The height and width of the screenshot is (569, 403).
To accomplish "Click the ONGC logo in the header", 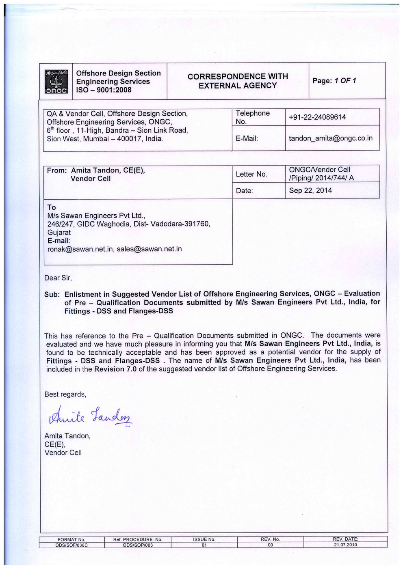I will point(56,82).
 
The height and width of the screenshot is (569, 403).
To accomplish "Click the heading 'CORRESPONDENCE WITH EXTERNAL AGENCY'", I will point(238,81).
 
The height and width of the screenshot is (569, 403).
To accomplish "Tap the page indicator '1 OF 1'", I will point(345,81).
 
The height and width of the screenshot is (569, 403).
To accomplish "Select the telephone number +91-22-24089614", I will point(317,117).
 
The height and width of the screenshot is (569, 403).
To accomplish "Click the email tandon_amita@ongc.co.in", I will point(330,138).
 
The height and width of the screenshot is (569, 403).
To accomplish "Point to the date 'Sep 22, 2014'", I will point(310,190).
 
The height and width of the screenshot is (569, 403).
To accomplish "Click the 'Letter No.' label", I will point(251,174).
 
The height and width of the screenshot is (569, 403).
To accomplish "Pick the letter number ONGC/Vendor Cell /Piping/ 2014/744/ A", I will point(321,174).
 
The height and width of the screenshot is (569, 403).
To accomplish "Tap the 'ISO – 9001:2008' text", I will point(104,90).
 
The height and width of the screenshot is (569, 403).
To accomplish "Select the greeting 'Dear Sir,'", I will point(58,278).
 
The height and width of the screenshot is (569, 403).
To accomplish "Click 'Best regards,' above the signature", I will point(65,394).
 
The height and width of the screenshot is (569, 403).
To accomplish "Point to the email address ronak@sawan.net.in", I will point(80,249).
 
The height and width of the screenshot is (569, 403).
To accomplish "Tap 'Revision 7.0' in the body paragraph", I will point(115,369).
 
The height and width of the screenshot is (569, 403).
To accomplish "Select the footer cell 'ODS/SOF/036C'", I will point(71,545).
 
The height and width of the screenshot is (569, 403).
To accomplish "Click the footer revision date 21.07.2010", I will point(345,545).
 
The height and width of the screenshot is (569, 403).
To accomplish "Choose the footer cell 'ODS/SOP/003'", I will point(138,545).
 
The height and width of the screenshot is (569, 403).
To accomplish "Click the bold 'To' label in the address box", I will point(52,207).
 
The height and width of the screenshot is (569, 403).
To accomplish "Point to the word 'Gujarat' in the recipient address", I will point(59,233).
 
